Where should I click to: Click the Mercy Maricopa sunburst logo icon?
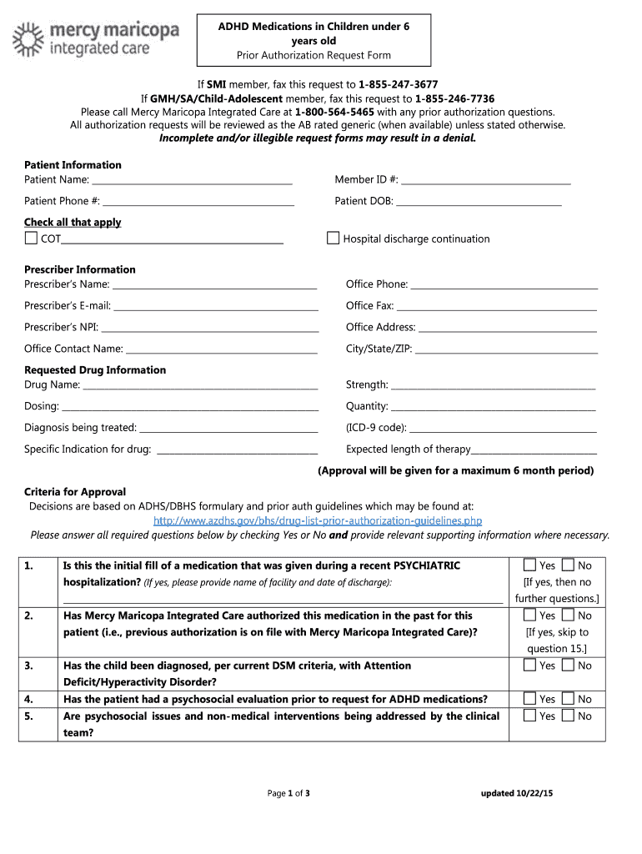pyautogui.click(x=27, y=39)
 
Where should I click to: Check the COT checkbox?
pyautogui.click(x=31, y=239)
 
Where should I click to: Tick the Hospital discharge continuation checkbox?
pyautogui.click(x=333, y=239)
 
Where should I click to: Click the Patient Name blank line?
pyautogui.click(x=192, y=181)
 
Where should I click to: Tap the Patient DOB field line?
pyautogui.click(x=479, y=203)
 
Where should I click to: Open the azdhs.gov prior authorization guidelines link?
pyautogui.click(x=318, y=520)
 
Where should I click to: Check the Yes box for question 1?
pyautogui.click(x=529, y=565)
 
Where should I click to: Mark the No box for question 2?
pyautogui.click(x=568, y=615)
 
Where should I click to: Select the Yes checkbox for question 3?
pyautogui.click(x=529, y=666)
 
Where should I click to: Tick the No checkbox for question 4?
pyautogui.click(x=568, y=699)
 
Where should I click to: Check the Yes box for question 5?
pyautogui.click(x=529, y=716)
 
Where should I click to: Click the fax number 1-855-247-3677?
pyautogui.click(x=398, y=85)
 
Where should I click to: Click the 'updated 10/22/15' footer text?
pyautogui.click(x=516, y=793)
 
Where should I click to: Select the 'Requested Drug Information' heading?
pyautogui.click(x=95, y=369)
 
